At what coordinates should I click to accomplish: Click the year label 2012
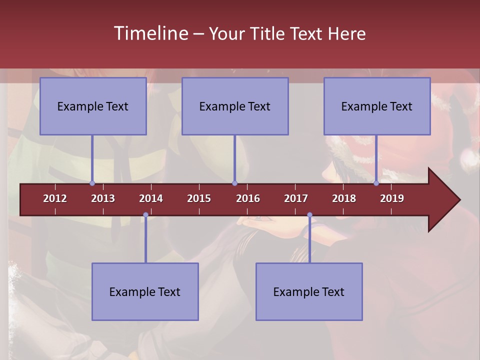55,198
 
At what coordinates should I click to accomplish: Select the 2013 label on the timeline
103,198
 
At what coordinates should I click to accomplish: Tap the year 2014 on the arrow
151,198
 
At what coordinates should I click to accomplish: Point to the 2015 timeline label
199,198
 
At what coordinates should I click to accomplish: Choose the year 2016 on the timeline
248,198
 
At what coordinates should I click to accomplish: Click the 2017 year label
296,198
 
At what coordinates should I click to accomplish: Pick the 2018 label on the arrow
344,198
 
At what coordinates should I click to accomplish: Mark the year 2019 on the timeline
392,198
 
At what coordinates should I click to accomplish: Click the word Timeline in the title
150,33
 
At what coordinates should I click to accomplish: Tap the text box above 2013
93,106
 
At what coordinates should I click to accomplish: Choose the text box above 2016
235,106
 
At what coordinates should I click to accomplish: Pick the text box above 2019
377,106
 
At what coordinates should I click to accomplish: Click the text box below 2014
145,291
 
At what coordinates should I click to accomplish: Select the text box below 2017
309,291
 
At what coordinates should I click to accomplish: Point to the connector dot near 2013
92,183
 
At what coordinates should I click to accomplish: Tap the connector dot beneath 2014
145,215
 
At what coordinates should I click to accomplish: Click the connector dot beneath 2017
309,215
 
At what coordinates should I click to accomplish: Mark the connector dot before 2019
376,183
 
